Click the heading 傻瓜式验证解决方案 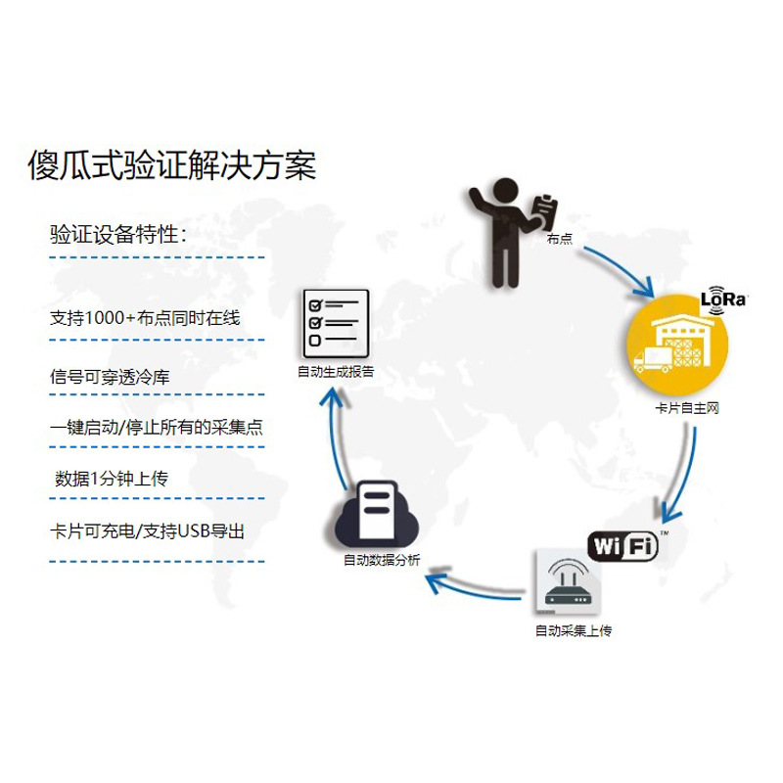click(171, 163)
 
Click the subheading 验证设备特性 click(118, 235)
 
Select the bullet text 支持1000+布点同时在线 click(144, 318)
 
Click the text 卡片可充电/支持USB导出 click(147, 531)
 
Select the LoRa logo click(723, 299)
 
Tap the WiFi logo click(622, 544)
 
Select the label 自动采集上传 click(573, 631)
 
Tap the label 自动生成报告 click(336, 372)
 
